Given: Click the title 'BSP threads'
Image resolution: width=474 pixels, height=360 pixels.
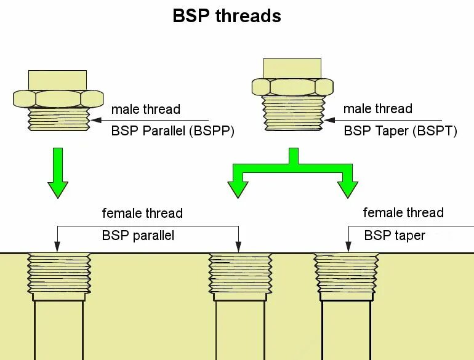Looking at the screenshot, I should (227, 16).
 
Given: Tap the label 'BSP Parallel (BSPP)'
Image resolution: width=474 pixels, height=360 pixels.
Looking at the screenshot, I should (173, 131).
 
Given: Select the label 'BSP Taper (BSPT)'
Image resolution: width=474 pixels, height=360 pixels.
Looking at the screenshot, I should (400, 130).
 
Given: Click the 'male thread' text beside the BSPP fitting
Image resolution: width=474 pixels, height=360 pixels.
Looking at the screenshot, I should (146, 110).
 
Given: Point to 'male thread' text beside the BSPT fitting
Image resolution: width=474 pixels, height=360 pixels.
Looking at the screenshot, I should (377, 109).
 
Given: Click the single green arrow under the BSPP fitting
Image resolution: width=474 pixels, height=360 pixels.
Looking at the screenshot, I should (58, 172).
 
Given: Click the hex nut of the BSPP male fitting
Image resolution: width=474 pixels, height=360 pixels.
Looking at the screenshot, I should (58, 98).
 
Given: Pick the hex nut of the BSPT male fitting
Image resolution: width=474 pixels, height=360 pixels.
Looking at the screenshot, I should (292, 87).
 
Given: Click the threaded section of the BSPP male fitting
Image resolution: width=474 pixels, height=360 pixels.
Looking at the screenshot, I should (58, 119).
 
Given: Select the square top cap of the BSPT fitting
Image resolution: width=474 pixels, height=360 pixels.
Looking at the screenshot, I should (292, 68).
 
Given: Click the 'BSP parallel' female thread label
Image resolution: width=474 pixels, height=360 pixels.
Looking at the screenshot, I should (138, 235).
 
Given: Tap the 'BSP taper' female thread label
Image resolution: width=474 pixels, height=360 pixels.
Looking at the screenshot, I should (395, 235).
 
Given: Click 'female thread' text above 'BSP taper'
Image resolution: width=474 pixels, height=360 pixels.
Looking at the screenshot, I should (403, 213).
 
